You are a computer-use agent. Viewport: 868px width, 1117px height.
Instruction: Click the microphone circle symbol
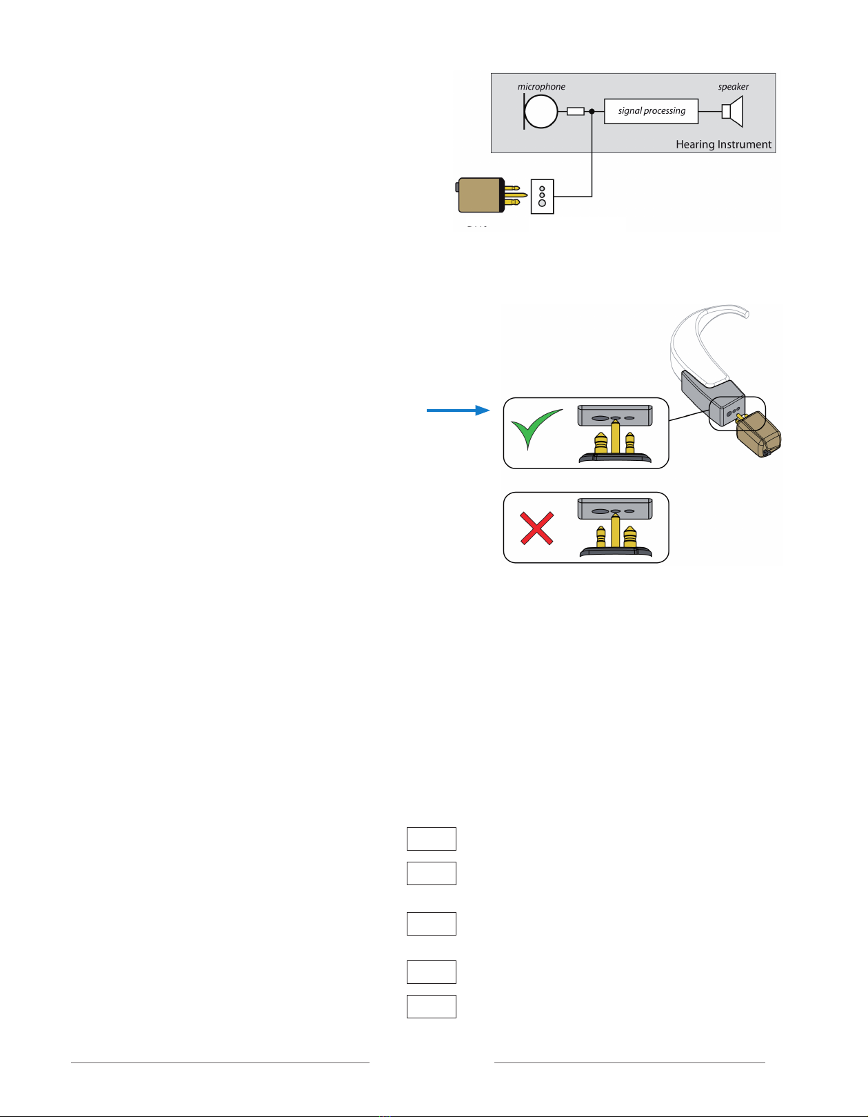coord(541,112)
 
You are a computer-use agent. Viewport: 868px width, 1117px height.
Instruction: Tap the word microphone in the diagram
coord(541,87)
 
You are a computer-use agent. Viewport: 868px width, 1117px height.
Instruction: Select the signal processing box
coord(651,111)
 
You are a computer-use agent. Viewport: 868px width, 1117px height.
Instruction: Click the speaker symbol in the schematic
coord(732,112)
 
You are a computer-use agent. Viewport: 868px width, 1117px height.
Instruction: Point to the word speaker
coord(733,87)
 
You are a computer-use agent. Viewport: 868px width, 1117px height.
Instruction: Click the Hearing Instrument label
coord(723,144)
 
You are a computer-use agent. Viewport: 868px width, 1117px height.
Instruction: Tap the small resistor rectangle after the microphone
coord(575,111)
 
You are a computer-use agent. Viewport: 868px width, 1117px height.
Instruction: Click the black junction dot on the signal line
coord(592,111)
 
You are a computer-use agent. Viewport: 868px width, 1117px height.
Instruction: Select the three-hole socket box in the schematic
coord(542,196)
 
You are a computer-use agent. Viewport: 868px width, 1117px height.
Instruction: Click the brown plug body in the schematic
coord(480,195)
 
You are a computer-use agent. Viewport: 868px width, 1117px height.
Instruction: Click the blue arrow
coord(458,411)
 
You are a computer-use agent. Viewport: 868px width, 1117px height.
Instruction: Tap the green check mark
coord(535,428)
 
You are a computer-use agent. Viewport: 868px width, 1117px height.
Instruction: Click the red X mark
coord(536,528)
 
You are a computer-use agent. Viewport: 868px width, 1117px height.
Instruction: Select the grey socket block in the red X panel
coord(614,509)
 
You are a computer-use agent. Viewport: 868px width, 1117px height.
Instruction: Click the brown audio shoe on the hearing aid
coord(759,435)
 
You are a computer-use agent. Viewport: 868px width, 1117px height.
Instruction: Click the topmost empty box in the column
coord(431,838)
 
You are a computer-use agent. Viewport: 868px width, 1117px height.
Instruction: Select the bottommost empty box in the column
coord(431,1006)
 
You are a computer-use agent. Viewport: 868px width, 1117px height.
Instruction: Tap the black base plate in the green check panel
coord(615,458)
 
